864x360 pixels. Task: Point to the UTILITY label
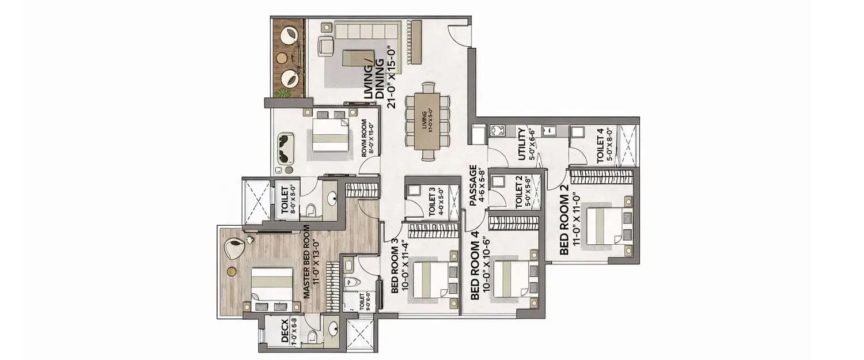pyautogui.click(x=522, y=144)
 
